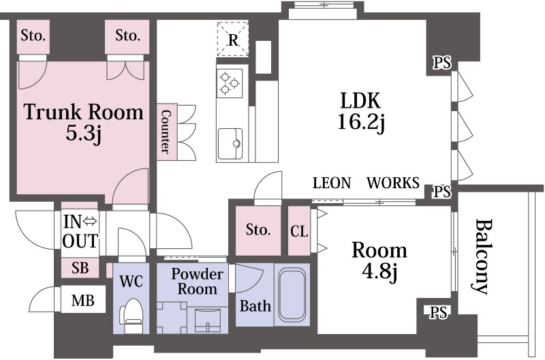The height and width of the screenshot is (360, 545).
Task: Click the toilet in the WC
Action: tap(131, 315)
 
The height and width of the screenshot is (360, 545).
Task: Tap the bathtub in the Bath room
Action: tap(292, 295)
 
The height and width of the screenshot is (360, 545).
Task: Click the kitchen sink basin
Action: tap(230, 143)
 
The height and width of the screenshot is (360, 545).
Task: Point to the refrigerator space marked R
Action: tap(233, 39)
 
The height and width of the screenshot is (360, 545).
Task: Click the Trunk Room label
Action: tap(83, 112)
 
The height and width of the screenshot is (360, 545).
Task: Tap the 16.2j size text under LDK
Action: tap(361, 122)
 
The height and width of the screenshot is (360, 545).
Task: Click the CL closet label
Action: tap(299, 231)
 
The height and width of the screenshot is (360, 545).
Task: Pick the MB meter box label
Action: tap(82, 300)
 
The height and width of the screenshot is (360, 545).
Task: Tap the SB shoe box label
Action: tap(80, 268)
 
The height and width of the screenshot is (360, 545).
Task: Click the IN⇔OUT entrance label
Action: tap(80, 232)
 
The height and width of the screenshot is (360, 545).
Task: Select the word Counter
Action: tap(166, 132)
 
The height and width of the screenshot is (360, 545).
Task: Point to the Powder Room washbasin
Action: tap(208, 320)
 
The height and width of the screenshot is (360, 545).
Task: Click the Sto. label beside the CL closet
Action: tap(258, 230)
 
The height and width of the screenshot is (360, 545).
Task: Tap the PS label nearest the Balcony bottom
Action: tap(438, 312)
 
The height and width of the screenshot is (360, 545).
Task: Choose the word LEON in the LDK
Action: tap(332, 183)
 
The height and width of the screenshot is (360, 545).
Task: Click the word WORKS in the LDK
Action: tap(393, 183)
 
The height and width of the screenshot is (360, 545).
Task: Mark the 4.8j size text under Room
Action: tap(379, 271)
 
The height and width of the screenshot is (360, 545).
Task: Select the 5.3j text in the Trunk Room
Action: tap(83, 133)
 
